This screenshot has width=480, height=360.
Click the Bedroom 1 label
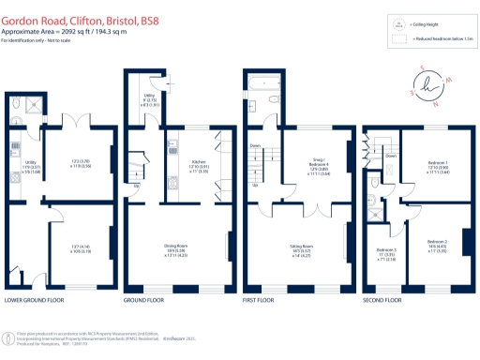pos(437,166)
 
